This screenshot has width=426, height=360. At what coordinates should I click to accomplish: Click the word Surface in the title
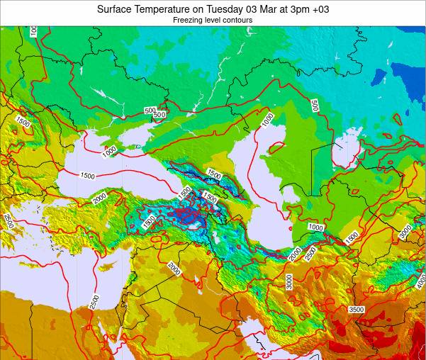click(117, 9)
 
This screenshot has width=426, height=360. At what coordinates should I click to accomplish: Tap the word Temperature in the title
click(164, 9)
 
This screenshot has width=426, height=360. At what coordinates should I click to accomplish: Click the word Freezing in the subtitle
click(189, 21)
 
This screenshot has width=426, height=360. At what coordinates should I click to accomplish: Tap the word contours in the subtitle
click(238, 21)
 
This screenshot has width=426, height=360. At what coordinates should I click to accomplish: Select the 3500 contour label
click(356, 309)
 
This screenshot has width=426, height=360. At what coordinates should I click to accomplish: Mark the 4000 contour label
click(420, 283)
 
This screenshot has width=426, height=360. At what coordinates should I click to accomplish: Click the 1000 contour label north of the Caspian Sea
click(267, 120)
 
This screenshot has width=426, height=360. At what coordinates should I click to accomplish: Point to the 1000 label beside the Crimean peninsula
click(108, 150)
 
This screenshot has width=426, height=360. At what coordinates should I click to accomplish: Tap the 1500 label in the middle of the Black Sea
click(87, 176)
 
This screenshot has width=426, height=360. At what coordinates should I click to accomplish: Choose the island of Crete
click(30, 266)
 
